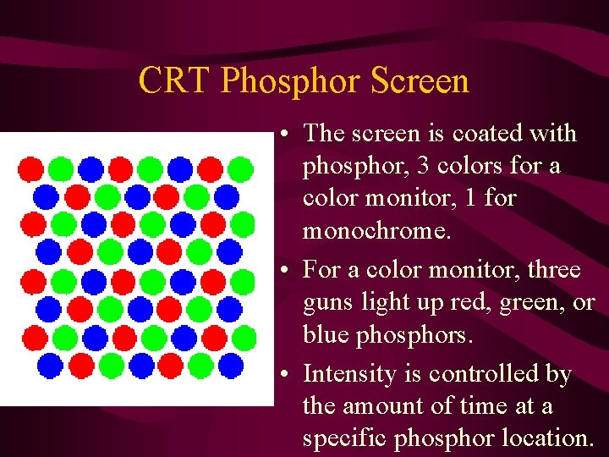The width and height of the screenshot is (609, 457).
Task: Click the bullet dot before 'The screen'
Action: pyautogui.click(x=289, y=135)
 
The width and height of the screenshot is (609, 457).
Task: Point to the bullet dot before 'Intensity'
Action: pyautogui.click(x=289, y=375)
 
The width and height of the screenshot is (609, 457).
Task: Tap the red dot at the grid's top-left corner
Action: pyautogui.click(x=31, y=169)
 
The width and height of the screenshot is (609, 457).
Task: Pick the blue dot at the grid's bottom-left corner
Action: pyautogui.click(x=50, y=366)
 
